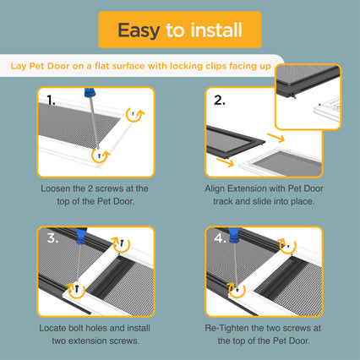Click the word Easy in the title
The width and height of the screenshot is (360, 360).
click(x=139, y=30)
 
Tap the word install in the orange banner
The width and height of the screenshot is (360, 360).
click(x=216, y=30)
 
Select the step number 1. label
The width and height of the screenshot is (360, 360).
click(x=51, y=101)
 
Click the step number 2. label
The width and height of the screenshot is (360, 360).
click(x=220, y=101)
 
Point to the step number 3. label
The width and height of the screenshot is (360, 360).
click(x=52, y=238)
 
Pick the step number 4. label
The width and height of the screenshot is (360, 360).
click(x=220, y=238)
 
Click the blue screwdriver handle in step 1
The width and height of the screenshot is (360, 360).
click(x=90, y=93)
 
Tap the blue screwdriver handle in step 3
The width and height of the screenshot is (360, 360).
click(x=81, y=236)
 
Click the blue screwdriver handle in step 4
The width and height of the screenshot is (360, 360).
click(x=234, y=235)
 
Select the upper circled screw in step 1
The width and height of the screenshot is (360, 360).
click(x=134, y=113)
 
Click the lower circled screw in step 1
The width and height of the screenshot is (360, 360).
click(x=99, y=155)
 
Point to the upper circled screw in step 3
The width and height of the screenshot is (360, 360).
click(x=122, y=243)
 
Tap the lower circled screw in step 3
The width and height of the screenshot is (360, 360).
click(x=76, y=288)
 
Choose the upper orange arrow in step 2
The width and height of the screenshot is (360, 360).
click(x=276, y=137)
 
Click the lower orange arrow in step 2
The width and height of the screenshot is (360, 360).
click(x=225, y=162)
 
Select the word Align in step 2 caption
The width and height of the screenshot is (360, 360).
click(x=215, y=188)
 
